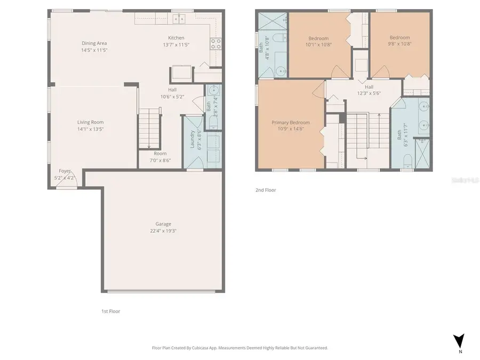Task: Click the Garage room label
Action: click(160, 224)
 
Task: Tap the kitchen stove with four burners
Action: click(216, 44)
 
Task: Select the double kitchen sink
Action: click(179, 19)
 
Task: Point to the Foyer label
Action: click(65, 171)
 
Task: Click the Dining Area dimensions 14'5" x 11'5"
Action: click(94, 50)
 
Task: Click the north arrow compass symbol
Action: click(459, 341)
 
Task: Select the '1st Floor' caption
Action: click(110, 311)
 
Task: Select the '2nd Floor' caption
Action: click(266, 190)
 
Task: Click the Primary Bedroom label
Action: click(291, 123)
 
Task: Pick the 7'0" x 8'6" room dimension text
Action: click(160, 160)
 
